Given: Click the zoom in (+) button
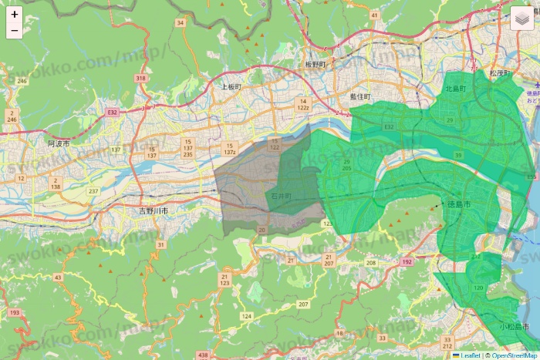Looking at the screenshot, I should click(x=15, y=14).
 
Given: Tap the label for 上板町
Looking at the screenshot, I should click(x=231, y=87).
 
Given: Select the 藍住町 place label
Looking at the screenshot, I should click(x=359, y=96).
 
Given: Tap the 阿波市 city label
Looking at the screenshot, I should click(x=59, y=143).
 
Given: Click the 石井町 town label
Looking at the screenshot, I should click(x=281, y=197).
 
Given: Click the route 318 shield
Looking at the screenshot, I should click(x=140, y=79).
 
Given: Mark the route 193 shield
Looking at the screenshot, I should click(x=15, y=312).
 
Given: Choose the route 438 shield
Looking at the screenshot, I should click(x=202, y=355).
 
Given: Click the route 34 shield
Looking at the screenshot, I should click(x=181, y=23).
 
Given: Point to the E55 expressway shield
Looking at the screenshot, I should click(x=531, y=177).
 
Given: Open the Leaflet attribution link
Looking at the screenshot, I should click(x=469, y=355).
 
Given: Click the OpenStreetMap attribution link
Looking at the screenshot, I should click(x=514, y=355).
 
